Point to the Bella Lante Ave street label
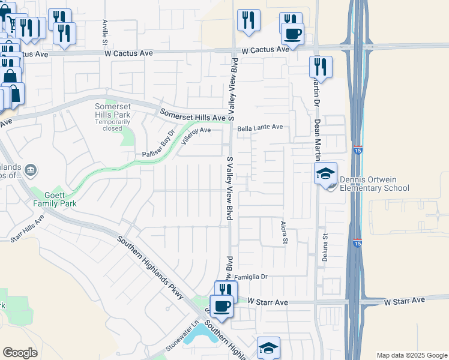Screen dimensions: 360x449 pos(260,128)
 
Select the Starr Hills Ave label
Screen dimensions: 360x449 pos(28,230)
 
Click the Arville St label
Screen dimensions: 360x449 pos(104,32)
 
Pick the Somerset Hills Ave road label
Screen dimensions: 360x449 pos(192,115)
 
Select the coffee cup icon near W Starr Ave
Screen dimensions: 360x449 pos(222,306)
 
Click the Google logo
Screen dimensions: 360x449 pos(20,353)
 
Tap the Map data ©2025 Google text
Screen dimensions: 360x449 pos(411,355)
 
